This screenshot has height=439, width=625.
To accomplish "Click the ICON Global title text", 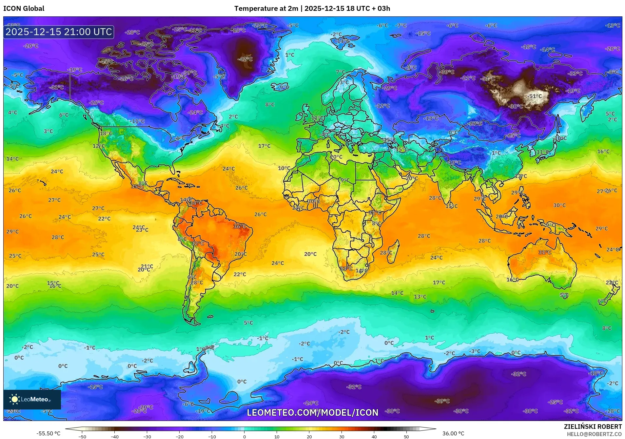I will (24, 9).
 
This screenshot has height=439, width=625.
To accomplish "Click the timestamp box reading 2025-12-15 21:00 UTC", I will (59, 32).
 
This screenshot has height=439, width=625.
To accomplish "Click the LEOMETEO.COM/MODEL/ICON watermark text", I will (312, 412).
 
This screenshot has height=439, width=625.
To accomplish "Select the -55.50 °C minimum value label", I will (49, 433).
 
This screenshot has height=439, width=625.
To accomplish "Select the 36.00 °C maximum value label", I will (453, 433).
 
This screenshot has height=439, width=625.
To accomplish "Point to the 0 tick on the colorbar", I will (244, 436).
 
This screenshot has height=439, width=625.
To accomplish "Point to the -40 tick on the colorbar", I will (114, 436).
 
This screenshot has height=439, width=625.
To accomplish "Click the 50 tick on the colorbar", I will (406, 436).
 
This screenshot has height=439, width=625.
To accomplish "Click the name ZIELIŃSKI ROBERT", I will (593, 427).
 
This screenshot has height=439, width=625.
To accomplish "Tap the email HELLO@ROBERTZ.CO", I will (594, 434).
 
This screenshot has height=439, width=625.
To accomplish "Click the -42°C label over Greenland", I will (245, 59).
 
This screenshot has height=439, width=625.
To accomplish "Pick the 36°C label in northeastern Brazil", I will (240, 226).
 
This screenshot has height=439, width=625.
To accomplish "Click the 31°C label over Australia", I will (545, 252).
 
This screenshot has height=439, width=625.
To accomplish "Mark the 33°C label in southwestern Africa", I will (346, 269).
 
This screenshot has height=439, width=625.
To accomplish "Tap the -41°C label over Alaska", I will (56, 87).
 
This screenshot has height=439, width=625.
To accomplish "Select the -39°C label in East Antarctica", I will (442, 401).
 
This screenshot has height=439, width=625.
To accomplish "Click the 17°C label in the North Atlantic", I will (264, 146).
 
